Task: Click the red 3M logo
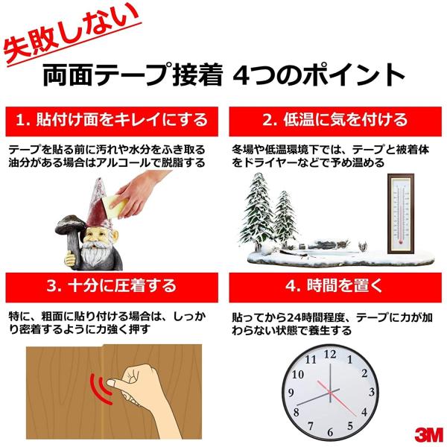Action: tap(428, 434)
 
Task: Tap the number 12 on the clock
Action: tap(330, 354)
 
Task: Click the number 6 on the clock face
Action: tap(330, 432)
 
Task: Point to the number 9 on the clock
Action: tap(291, 393)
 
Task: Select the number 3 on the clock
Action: tap(372, 393)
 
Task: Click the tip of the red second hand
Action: tap(356, 416)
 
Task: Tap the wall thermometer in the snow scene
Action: tap(401, 214)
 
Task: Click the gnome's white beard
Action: tap(95, 255)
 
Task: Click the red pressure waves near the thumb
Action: tap(101, 388)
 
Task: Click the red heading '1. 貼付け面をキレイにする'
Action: tap(112, 121)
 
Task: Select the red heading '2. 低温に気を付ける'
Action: tap(335, 121)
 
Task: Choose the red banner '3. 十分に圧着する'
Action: tap(112, 287)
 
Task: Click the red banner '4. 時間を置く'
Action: tap(335, 287)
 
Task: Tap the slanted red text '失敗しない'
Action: tap(72, 34)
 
